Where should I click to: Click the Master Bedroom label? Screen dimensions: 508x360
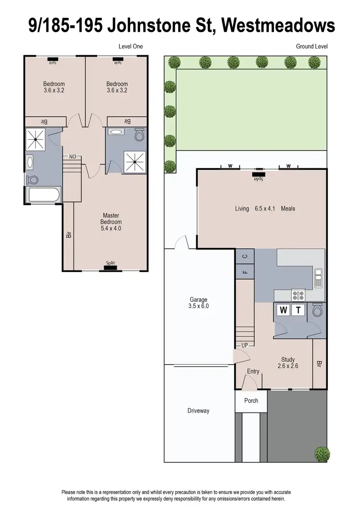click(x=111, y=222)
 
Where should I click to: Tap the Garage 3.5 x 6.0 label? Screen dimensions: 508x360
click(x=199, y=303)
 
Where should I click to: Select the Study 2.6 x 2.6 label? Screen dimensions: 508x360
click(x=288, y=363)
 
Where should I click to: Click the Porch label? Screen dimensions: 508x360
click(x=251, y=401)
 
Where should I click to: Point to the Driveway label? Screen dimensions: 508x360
click(x=198, y=411)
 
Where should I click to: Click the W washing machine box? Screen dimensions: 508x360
click(x=283, y=310)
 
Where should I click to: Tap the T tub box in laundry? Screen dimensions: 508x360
click(x=298, y=310)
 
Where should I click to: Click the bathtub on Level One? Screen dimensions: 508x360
click(x=43, y=195)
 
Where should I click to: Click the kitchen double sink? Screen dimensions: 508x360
click(x=318, y=278)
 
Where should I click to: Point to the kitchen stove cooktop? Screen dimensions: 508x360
click(x=298, y=295)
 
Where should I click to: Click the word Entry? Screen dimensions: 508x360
click(x=253, y=372)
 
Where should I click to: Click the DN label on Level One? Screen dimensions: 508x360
click(x=72, y=156)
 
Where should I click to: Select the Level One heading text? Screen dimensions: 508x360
click(x=131, y=47)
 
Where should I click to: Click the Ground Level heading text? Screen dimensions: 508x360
click(x=312, y=47)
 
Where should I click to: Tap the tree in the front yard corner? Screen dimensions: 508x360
click(x=322, y=452)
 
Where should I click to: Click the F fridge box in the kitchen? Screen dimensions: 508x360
click(x=245, y=273)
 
